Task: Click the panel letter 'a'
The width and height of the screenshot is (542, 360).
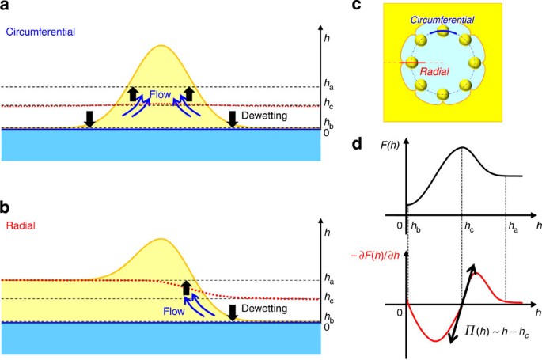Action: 7,8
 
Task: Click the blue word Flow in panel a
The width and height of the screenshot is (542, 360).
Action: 161,93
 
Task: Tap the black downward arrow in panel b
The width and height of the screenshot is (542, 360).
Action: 233,313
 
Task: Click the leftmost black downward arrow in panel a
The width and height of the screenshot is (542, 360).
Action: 89,119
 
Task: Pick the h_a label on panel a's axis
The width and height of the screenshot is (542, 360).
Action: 329,83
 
